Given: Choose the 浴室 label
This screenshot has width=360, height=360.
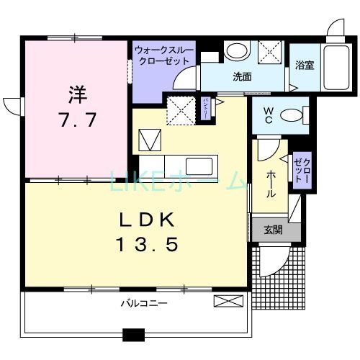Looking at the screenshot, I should (x=304, y=66).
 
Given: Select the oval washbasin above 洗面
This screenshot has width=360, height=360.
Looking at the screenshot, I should (x=235, y=51).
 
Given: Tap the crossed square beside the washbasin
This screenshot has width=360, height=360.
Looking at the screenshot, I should (x=271, y=51).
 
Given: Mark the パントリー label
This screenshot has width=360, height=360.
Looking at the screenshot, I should (x=205, y=109).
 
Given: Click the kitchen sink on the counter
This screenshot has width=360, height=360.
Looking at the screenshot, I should (x=190, y=165).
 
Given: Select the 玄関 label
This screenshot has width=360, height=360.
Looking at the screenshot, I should (x=272, y=230).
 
